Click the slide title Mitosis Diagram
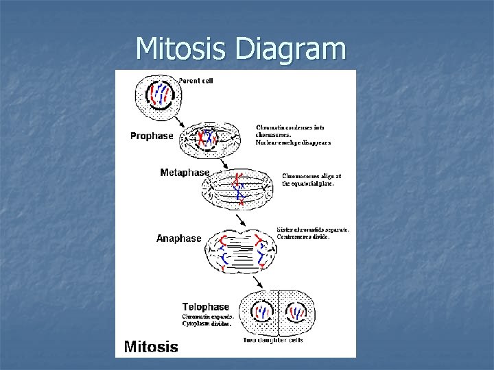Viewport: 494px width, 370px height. coord(240,49)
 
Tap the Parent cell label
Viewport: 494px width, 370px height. coord(196,81)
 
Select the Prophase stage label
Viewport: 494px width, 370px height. coord(152,136)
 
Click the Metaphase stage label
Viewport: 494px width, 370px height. coord(185,173)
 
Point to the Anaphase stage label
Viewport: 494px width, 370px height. coord(179,238)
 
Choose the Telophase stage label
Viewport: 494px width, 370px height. coord(206,306)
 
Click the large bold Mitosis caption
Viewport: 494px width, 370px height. coord(151,347)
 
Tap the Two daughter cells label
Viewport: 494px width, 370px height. coord(273,340)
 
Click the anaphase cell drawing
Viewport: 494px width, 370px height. coord(242,251)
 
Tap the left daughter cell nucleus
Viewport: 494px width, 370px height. coord(262,312)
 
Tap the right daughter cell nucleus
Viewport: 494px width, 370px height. coord(296,312)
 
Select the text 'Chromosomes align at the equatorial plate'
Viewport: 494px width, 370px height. coord(311,180)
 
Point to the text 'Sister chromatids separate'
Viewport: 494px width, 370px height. coord(312,230)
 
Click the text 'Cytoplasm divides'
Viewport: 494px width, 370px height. coord(208,325)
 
